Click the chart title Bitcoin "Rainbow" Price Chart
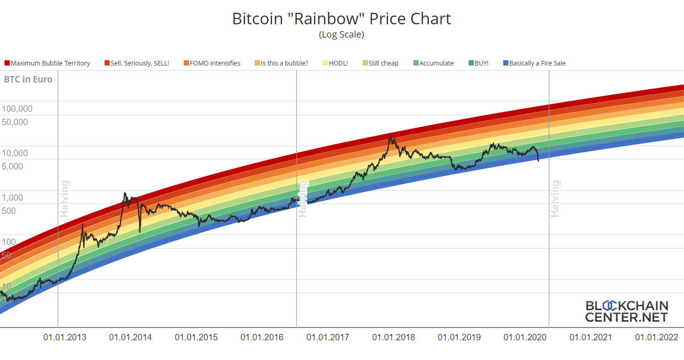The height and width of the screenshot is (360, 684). pos(341,19)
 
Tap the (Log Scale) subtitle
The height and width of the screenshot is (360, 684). pos(341,34)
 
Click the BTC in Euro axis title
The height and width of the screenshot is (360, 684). pos(28,79)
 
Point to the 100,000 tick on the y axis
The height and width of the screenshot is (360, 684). pos(17,109)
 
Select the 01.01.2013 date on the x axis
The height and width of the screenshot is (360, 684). pos(65,338)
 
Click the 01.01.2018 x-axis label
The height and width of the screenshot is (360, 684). pos(394,338)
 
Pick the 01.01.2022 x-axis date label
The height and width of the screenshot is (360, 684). pos(656,338)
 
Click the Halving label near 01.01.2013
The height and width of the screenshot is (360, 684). pos(65,198)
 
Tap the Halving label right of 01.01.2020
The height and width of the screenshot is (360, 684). pos(555,198)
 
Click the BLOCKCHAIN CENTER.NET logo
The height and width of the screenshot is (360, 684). pos(627,311)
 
